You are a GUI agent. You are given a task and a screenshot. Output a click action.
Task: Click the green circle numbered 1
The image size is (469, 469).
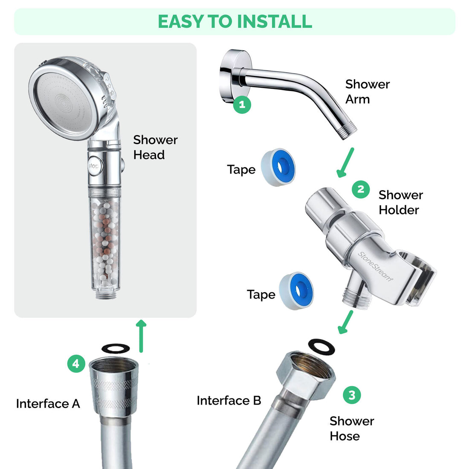coord(242,104)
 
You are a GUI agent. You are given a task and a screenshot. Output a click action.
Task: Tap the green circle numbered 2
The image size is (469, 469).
coord(361,189)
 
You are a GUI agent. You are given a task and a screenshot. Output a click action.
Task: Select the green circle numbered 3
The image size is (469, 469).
coord(352,395)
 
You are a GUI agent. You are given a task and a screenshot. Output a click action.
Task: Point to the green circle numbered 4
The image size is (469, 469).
coord(76,364)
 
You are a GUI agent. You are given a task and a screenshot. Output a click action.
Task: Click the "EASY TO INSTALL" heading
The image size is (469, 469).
coord(235,21)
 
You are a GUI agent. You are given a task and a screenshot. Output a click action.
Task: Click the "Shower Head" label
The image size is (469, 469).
coord(155,148)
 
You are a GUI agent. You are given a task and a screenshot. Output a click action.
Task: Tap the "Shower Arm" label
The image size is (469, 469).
coord(367,92)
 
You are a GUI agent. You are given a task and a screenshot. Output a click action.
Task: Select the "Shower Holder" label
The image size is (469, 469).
coord(400,203)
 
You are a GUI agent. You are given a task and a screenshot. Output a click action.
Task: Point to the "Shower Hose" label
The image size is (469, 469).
coord(351,428)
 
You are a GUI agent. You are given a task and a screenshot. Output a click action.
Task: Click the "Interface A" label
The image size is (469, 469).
coord(48,404)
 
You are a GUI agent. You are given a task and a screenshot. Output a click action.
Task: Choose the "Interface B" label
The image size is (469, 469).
coord(229,401)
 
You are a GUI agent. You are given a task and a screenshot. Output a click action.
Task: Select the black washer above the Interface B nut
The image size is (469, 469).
coord(321,346)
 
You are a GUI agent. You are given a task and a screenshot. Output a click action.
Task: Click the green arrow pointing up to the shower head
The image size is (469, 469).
coord(141,336)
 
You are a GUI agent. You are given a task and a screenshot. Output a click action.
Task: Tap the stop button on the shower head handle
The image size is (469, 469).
coord(93,166)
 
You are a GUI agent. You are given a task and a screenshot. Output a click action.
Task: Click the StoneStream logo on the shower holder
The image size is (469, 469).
coord(375,266)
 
